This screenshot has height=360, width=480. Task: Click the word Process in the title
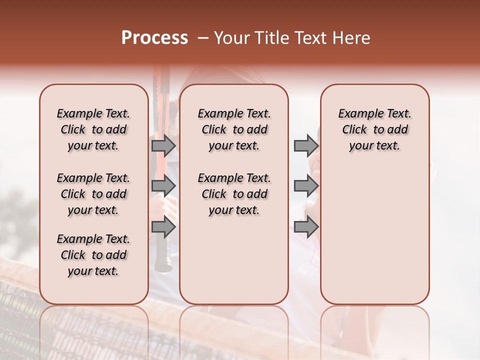(154, 38)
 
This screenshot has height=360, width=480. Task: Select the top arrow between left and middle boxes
(163, 145)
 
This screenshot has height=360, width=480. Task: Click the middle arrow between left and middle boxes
(163, 186)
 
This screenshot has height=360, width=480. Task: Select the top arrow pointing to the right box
(306, 145)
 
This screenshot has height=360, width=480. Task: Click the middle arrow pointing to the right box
(306, 186)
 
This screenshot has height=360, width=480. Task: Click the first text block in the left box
(93, 129)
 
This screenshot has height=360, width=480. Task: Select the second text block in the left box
(93, 194)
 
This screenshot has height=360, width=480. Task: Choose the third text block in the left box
(93, 255)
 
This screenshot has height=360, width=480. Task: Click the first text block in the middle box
(234, 129)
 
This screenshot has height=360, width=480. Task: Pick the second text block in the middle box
(234, 194)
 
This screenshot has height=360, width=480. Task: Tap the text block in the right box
(375, 129)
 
